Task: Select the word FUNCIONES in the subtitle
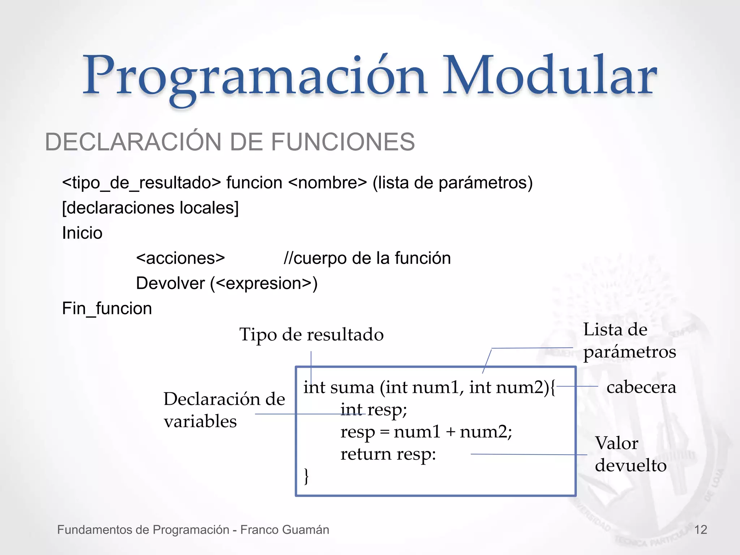pyautogui.click(x=343, y=142)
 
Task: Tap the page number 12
pyautogui.click(x=701, y=530)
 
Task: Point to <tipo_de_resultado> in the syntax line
pyautogui.click(x=141, y=183)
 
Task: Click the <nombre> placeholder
pyautogui.click(x=328, y=183)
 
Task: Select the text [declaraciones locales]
pyautogui.click(x=150, y=208)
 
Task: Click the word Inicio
pyautogui.click(x=82, y=233)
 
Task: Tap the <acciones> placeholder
pyautogui.click(x=180, y=258)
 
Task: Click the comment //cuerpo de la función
pyautogui.click(x=367, y=258)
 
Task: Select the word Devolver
pyautogui.click(x=170, y=283)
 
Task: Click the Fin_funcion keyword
pyautogui.click(x=107, y=309)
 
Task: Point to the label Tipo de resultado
pyautogui.click(x=311, y=335)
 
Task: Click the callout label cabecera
pyautogui.click(x=641, y=387)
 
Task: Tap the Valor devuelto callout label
pyautogui.click(x=630, y=454)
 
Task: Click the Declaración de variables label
pyautogui.click(x=224, y=410)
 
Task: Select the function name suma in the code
pyautogui.click(x=352, y=388)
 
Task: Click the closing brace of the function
pyautogui.click(x=306, y=476)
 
